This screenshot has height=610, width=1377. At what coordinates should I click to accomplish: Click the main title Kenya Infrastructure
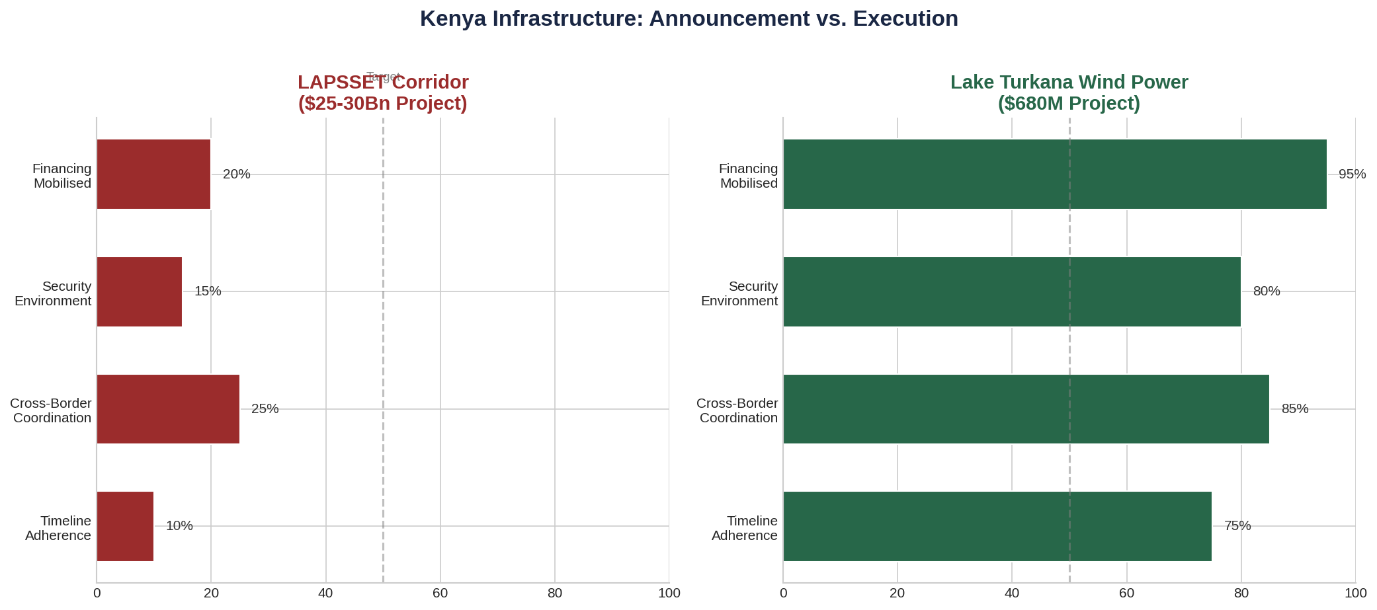(689, 19)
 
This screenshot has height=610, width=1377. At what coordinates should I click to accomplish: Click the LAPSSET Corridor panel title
(383, 93)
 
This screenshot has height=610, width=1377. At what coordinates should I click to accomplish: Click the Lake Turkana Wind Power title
(1069, 93)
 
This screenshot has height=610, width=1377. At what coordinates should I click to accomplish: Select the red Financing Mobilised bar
(153, 174)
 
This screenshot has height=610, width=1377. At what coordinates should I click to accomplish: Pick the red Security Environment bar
(139, 291)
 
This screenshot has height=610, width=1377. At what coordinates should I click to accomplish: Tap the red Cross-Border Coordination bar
(168, 409)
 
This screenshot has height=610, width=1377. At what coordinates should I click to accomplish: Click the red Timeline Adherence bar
(125, 526)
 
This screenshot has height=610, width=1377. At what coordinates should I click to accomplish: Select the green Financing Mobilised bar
(1054, 174)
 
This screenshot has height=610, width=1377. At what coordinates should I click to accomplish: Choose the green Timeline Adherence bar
(997, 526)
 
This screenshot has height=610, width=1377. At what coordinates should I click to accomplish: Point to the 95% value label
(1352, 174)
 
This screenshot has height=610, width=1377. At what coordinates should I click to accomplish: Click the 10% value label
(179, 526)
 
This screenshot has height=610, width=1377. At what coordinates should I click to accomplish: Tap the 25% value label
(265, 409)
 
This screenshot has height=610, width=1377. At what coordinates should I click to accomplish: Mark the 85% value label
(1295, 409)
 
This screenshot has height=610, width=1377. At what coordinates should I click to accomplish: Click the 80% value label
(1267, 291)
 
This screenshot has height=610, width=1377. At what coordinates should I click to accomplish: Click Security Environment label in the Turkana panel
(739, 293)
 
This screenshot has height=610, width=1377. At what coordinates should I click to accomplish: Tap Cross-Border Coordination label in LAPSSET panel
(52, 410)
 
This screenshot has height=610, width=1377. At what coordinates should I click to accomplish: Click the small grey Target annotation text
(383, 76)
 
